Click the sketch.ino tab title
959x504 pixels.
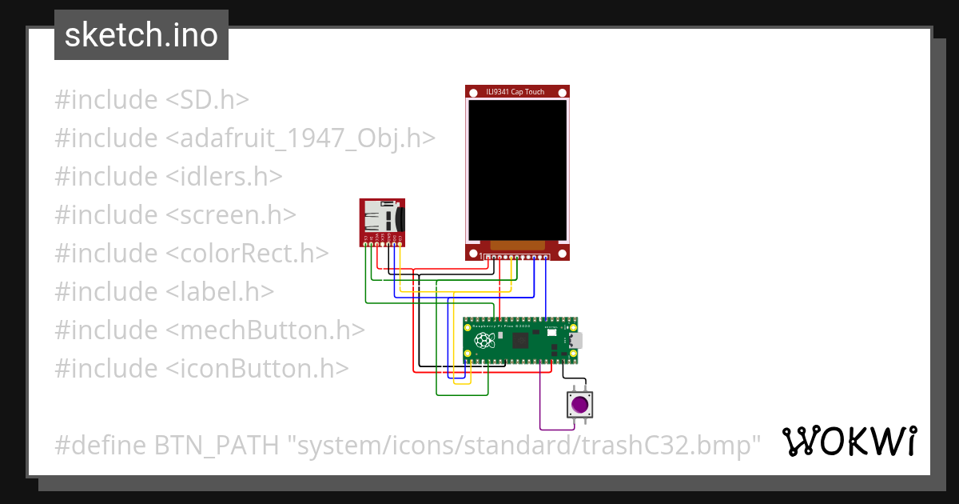[x=141, y=35]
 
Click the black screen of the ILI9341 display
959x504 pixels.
[x=517, y=170]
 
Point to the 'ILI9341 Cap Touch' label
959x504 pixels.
[x=515, y=92]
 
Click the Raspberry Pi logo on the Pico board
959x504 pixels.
[x=483, y=341]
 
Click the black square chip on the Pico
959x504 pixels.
[x=520, y=341]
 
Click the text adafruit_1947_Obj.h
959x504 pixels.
[x=301, y=138]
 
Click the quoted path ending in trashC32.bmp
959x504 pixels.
[x=525, y=445]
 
